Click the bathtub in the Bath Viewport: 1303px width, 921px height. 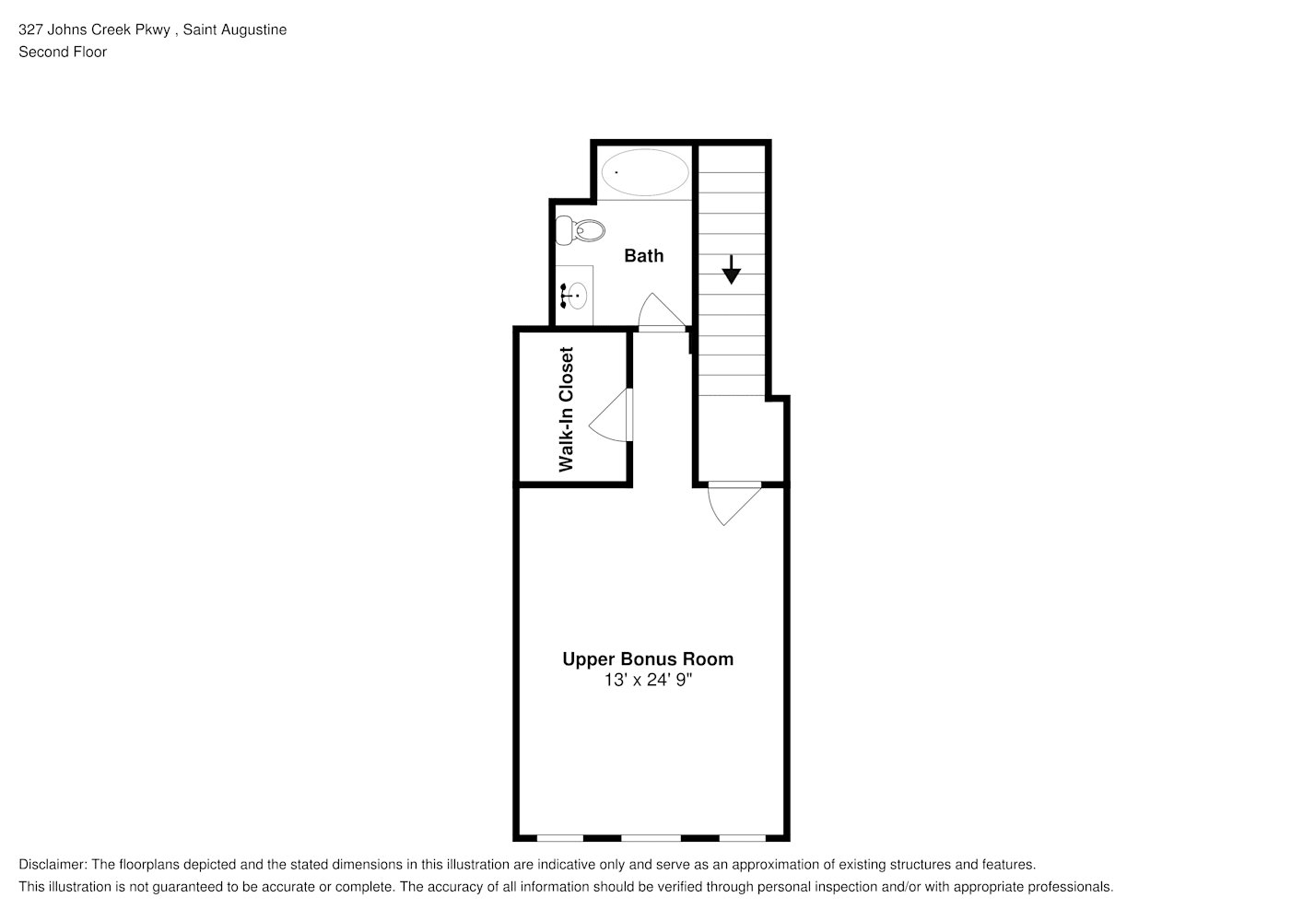pos(644,172)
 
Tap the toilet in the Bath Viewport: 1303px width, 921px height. pos(580,230)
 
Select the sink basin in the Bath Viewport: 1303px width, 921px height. pos(577,296)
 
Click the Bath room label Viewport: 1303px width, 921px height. pos(643,256)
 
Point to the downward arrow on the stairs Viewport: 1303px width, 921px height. pos(731,269)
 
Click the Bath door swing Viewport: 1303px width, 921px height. pos(662,312)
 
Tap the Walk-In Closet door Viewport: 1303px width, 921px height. pos(611,414)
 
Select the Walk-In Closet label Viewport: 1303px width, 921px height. pos(566,409)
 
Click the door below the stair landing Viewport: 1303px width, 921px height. pos(734,504)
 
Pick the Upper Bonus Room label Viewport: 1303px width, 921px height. pos(648,659)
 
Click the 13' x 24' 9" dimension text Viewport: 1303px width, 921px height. pos(648,680)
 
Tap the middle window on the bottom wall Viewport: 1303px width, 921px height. pos(651,838)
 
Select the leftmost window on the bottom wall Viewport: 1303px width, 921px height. pos(559,838)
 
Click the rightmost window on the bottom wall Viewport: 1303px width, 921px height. pos(742,838)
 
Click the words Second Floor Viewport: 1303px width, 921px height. pos(63,52)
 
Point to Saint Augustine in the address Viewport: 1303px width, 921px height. pos(234,29)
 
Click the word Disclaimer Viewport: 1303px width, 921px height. pos(53,865)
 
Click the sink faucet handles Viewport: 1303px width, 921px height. pos(564,296)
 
